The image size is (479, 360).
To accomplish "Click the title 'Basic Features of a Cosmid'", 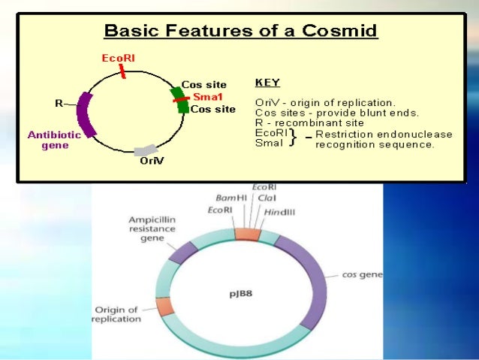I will pos(240,32).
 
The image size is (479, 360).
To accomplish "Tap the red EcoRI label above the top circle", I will pos(118,57).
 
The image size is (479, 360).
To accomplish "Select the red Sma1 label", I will pos(206,97).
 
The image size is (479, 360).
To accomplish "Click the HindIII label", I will pos(279,213).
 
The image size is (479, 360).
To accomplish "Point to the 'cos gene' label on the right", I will pos(362,275).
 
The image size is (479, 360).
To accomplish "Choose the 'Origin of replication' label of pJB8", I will pos(116,314).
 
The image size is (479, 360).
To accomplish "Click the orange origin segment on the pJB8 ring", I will pos(164,306).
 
